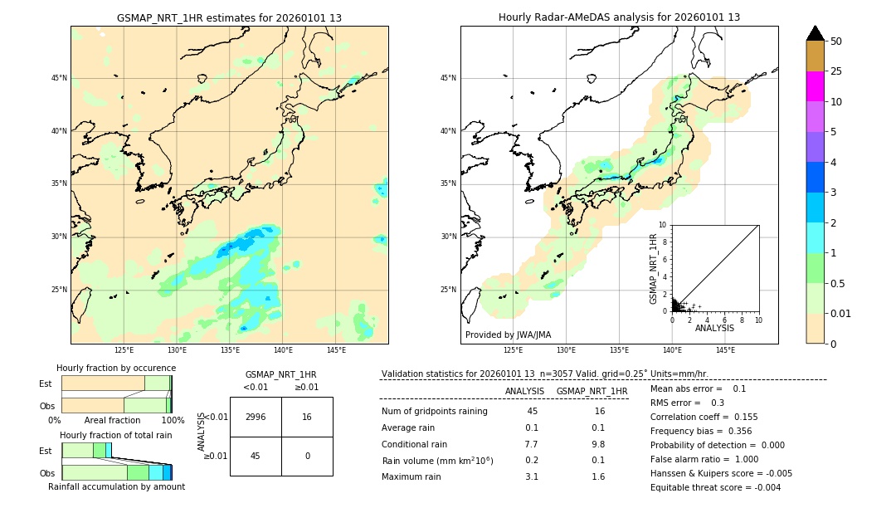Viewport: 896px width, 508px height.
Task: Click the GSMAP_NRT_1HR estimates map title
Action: tap(229, 17)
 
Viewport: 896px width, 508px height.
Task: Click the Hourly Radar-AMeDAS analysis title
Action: tap(619, 17)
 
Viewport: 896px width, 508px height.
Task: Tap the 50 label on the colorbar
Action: tap(836, 41)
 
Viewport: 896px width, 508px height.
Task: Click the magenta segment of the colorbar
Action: tap(815, 86)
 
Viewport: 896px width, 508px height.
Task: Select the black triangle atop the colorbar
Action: tap(815, 33)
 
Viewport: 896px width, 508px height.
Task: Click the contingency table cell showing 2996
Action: tap(256, 417)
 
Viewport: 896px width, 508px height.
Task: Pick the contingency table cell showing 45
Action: tap(256, 455)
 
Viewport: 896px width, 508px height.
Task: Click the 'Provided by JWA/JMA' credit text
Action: tap(508, 335)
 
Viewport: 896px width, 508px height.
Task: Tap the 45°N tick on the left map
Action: tap(59, 78)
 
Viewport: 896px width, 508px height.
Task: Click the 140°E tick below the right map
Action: tap(672, 350)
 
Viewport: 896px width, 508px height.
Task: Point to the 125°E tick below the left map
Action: tap(124, 350)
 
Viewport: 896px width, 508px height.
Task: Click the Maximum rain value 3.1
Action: tap(532, 476)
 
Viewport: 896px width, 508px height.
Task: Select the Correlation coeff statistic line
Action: tap(704, 417)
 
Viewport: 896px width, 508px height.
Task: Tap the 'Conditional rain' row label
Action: tap(414, 444)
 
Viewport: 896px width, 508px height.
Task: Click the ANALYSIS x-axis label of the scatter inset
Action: tap(714, 328)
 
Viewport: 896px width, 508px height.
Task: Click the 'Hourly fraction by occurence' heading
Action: tap(116, 368)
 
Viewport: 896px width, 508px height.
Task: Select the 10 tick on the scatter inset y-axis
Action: tap(663, 225)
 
